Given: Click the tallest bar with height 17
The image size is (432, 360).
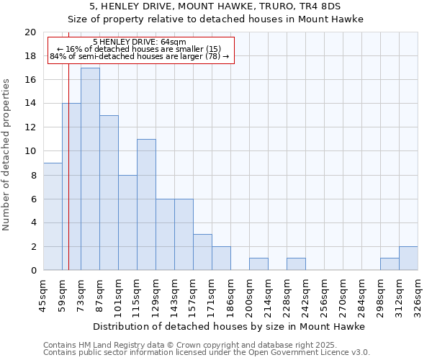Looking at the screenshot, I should point(90,168).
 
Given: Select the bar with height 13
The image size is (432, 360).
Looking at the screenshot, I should point(109,192).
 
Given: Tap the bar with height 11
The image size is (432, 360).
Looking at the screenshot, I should point(146,204).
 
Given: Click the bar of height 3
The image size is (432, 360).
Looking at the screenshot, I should point(202,252).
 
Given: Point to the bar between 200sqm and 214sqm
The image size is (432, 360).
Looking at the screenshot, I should point(258,264).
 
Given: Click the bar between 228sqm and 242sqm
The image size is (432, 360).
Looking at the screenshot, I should point(296,264).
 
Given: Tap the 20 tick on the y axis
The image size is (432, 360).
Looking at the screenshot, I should point(30,32).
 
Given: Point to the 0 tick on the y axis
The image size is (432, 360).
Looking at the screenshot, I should point(32,270).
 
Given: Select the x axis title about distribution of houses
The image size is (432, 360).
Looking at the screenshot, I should point(230,326).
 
